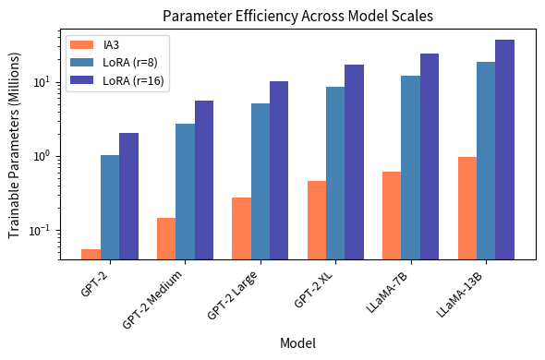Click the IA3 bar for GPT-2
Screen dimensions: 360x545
pos(91,254)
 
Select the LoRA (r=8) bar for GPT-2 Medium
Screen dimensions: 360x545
pos(185,191)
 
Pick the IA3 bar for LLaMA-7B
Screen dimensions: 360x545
pos(392,215)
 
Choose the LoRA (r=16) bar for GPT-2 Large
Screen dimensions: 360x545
pos(279,170)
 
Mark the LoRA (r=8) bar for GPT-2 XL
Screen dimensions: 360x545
pos(335,173)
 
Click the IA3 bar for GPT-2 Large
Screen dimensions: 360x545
pos(241,228)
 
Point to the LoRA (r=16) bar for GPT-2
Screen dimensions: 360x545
pos(128,196)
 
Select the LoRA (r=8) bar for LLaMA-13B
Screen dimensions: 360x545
pos(486,161)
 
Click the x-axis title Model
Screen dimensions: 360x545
pos(297,342)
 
